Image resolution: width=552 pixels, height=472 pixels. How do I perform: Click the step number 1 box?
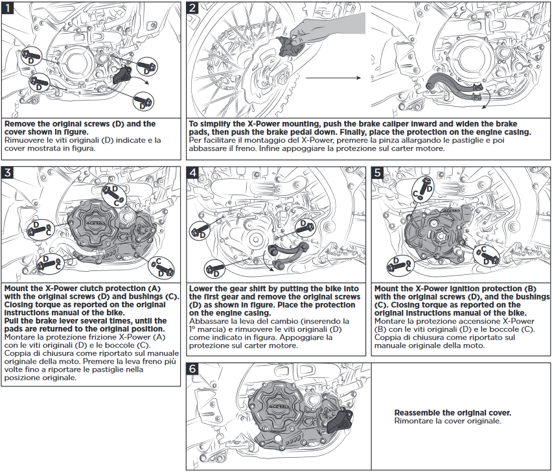coord(8,8)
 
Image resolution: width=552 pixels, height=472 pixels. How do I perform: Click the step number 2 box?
coord(193,8)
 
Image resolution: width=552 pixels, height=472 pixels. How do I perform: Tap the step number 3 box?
coord(8,172)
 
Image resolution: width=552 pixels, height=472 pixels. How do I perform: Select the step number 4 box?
coord(193,172)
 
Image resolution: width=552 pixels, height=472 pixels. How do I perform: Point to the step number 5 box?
coord(378,172)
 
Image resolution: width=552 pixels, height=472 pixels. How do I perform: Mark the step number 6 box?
coord(193,369)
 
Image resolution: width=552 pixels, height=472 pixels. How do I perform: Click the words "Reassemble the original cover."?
coord(452,412)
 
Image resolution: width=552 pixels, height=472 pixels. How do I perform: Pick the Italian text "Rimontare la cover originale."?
coord(438,421)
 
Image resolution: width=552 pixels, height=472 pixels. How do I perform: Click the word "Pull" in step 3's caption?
coord(12,321)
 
